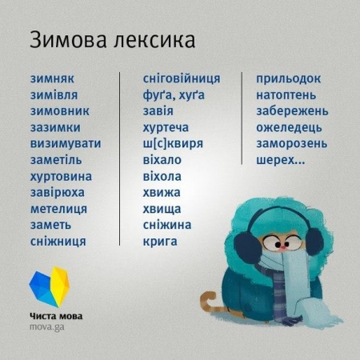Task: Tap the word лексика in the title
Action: click(x=153, y=39)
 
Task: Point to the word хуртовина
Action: click(x=60, y=175)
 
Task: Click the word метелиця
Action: click(x=58, y=208)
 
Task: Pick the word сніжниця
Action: click(x=57, y=240)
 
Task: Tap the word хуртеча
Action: click(x=166, y=127)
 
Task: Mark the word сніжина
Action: click(x=167, y=224)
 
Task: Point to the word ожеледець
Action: click(x=290, y=127)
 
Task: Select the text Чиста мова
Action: click(x=55, y=315)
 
